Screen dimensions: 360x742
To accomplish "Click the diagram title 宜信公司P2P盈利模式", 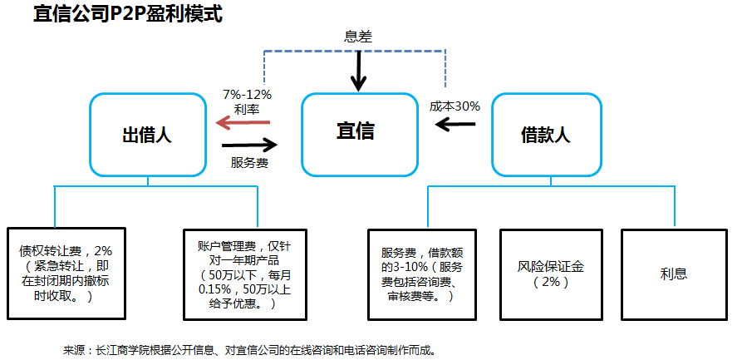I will click(x=128, y=14).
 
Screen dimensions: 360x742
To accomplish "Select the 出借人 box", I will click(x=148, y=135).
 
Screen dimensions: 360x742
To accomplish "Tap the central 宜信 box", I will click(x=358, y=132).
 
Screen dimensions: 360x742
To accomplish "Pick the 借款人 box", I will click(x=545, y=134).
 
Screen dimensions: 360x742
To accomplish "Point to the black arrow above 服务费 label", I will click(x=249, y=144).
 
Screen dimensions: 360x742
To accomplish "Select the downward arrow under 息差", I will click(x=358, y=70).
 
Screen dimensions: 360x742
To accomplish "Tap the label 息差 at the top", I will click(x=358, y=37).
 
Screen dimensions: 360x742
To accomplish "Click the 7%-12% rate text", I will click(x=247, y=94).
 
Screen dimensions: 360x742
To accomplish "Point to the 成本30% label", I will click(x=455, y=106).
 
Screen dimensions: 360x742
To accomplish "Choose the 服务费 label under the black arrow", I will click(x=249, y=162).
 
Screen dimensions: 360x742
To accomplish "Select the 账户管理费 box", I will click(x=237, y=273).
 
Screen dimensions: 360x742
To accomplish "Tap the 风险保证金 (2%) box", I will click(x=551, y=273).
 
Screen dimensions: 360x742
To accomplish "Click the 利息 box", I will click(x=674, y=273).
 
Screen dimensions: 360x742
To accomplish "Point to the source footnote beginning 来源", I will click(x=249, y=350).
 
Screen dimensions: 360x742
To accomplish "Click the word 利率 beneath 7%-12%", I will click(x=247, y=108).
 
